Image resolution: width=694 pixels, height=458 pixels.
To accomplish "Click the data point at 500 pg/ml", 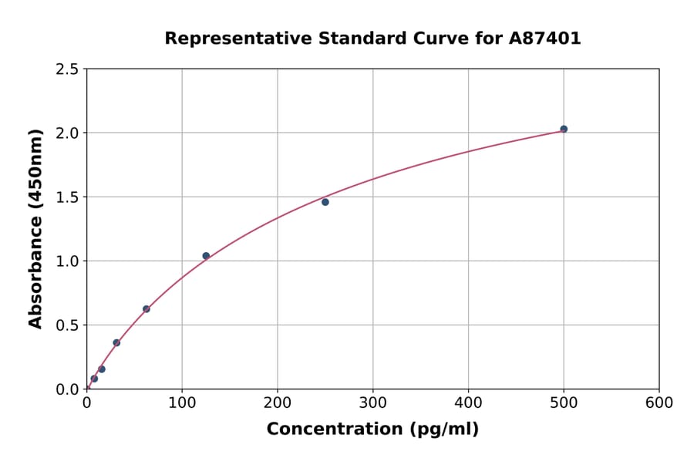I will tap(564, 129).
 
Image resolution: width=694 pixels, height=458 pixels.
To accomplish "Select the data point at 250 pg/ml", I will tap(325, 202).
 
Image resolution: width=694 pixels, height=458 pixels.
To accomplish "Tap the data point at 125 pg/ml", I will tap(206, 256).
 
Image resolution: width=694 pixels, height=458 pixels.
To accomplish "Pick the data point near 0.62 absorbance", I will tap(147, 309).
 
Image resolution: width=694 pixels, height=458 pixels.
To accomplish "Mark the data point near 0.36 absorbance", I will tap(116, 342).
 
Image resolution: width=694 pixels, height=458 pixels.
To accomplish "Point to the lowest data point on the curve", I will tap(94, 379).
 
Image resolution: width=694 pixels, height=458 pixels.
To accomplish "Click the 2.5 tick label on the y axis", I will tap(66, 69).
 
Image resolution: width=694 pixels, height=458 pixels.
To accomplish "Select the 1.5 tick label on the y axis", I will tap(66, 197).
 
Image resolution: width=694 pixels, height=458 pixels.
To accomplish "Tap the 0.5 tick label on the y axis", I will tap(66, 325).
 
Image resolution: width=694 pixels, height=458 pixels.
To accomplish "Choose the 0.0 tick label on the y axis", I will tap(66, 389).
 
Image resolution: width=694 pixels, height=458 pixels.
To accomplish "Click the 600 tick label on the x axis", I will tap(659, 403).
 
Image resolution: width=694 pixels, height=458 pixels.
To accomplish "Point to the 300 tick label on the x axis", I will tap(372, 403).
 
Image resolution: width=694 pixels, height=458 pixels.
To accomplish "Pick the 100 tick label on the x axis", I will tap(182, 403).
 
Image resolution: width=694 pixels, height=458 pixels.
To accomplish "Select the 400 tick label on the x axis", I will tap(468, 403).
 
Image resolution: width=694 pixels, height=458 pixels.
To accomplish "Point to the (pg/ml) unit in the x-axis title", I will tap(440, 429).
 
